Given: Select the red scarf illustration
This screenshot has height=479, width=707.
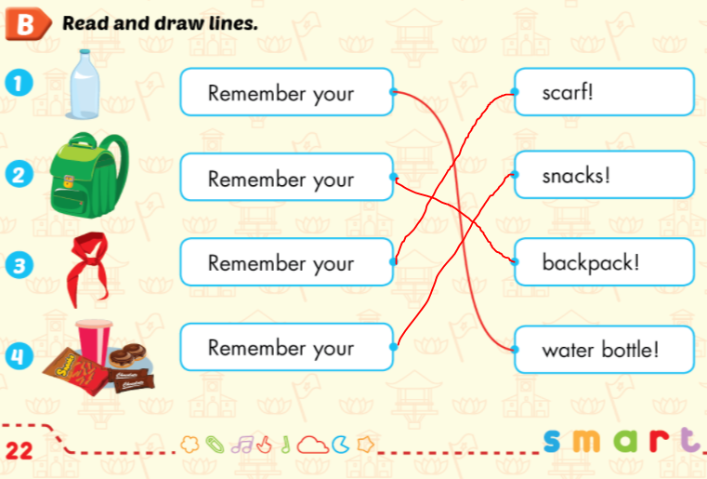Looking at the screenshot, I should click(91, 266).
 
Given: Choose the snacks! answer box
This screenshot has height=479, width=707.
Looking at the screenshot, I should click(603, 176).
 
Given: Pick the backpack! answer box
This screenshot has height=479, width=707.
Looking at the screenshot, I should click(603, 262).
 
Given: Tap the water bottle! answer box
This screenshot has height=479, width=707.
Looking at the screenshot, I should click(603, 351).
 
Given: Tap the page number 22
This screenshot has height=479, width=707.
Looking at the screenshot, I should click(20, 451).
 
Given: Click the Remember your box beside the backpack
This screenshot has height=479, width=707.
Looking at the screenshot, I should click(286, 177).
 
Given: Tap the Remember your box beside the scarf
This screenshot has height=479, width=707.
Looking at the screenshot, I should click(286, 262).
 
